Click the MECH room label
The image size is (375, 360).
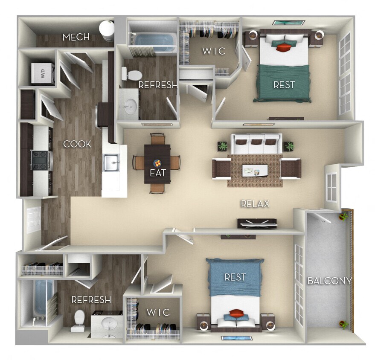[x=76, y=38]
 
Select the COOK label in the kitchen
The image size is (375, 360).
[x=77, y=144]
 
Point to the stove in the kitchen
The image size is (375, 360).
[x=41, y=160]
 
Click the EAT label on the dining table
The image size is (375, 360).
[x=157, y=174]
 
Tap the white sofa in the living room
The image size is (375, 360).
[x=256, y=144]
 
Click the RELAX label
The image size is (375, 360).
[x=255, y=204]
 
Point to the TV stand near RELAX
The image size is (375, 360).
[x=256, y=223]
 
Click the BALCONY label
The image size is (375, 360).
[x=329, y=281]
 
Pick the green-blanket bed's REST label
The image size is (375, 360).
[x=284, y=84]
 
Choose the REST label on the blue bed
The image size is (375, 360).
[x=235, y=277]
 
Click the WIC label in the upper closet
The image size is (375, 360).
[x=211, y=51]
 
